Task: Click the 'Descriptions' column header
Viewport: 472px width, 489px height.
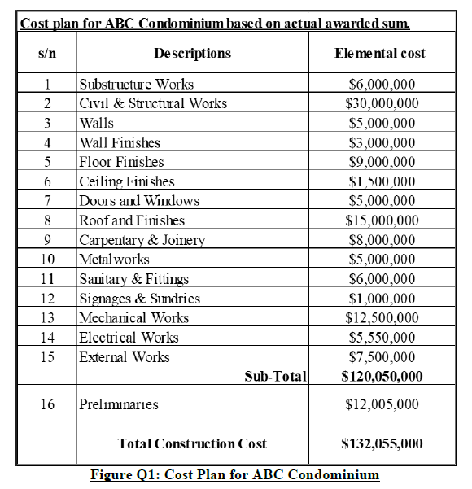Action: pyautogui.click(x=192, y=54)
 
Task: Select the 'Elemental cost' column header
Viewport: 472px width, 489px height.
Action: pyautogui.click(x=379, y=54)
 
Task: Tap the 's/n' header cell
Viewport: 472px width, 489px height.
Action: pyautogui.click(x=47, y=54)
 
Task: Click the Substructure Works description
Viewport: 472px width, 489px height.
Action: pyautogui.click(x=136, y=84)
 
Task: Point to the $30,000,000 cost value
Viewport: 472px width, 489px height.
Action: pyautogui.click(x=382, y=103)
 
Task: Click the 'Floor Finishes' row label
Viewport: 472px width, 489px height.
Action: pyautogui.click(x=121, y=162)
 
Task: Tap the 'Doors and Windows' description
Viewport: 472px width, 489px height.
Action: pyautogui.click(x=139, y=201)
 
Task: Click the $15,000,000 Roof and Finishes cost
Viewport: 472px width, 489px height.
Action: pyautogui.click(x=382, y=220)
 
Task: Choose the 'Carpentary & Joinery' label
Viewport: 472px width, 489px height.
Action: pyautogui.click(x=142, y=240)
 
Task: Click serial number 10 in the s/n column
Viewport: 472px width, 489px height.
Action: pyautogui.click(x=47, y=260)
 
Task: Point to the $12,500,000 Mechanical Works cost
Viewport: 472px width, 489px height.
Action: pyautogui.click(x=382, y=318)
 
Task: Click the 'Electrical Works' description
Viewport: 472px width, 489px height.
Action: pyautogui.click(x=129, y=338)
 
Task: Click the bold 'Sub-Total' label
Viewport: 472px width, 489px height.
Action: pyautogui.click(x=275, y=376)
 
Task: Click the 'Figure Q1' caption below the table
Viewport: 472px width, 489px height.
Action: pyautogui.click(x=235, y=475)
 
